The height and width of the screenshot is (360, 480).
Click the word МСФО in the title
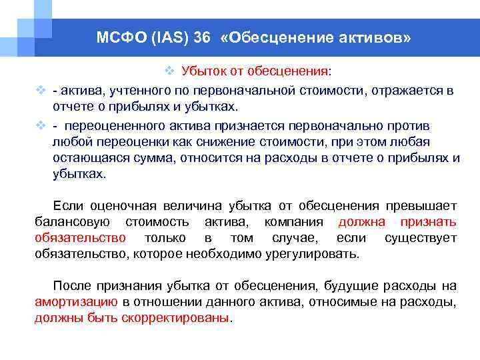(119, 38)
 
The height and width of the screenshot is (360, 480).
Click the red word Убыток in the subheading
(200, 71)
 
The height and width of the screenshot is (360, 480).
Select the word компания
(293, 221)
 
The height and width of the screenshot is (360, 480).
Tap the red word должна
(362, 221)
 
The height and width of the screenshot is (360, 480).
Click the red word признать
(428, 221)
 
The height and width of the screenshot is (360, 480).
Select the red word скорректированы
(175, 318)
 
